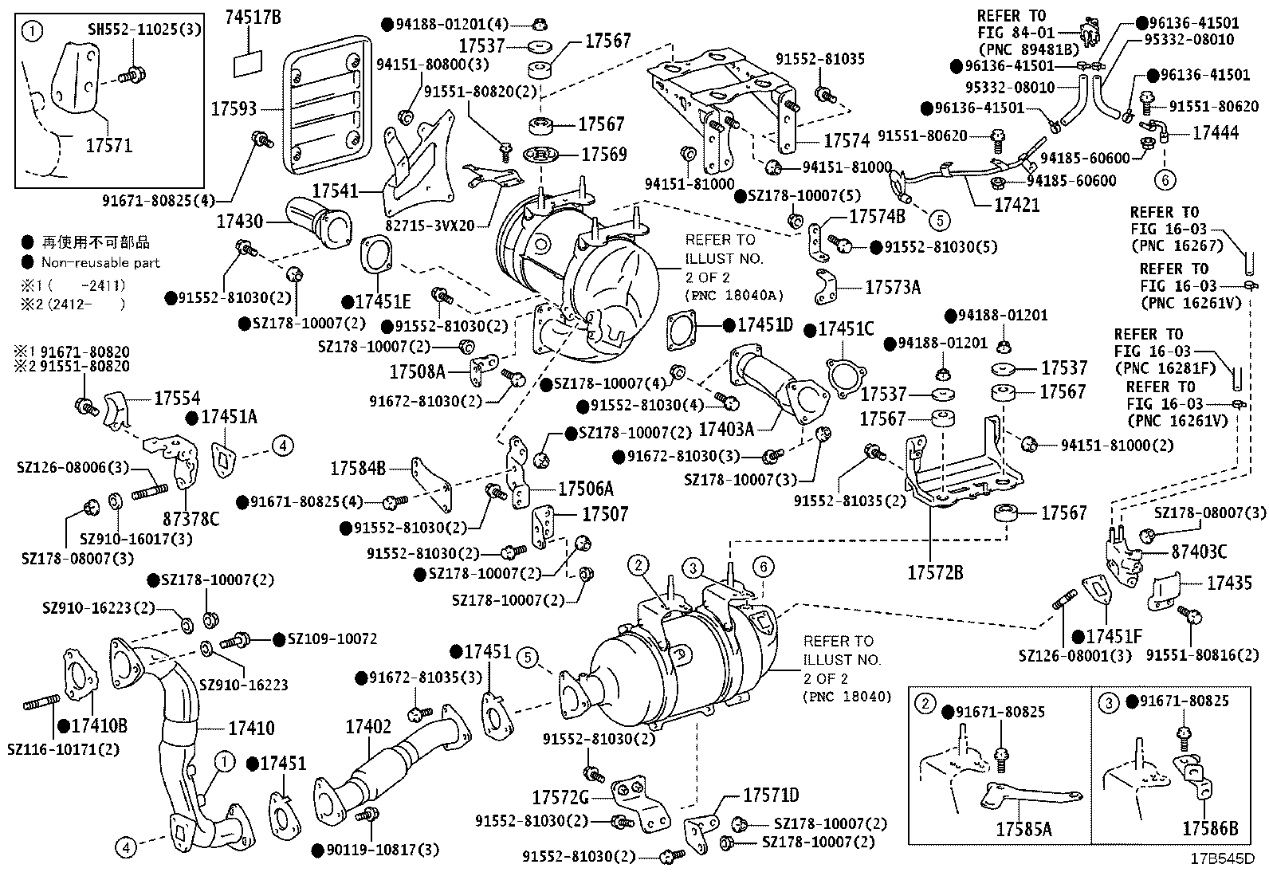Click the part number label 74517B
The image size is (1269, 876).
[x=253, y=18]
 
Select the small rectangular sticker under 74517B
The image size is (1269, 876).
[x=248, y=64]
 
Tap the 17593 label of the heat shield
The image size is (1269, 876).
[x=234, y=108]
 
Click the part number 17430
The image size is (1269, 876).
[x=240, y=221]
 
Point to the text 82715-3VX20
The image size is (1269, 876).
[x=430, y=226]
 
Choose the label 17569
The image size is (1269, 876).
[x=604, y=154]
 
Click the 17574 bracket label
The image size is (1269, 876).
[x=847, y=140]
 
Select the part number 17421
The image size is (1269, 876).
[x=1017, y=205]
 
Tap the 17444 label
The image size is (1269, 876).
[x=1216, y=132]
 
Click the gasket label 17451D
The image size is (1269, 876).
[x=765, y=324]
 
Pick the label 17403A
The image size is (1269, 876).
[x=726, y=429]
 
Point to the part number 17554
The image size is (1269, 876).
[x=177, y=399]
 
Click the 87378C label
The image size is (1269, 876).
[x=191, y=518]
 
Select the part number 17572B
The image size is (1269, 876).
[x=935, y=573]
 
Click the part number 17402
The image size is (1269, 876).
[x=368, y=726]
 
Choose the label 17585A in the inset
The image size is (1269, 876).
[x=1023, y=829]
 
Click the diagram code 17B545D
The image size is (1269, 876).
[x=1223, y=858]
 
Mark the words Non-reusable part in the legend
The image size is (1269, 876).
[x=101, y=262]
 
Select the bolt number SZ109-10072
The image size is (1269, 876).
[x=332, y=638]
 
